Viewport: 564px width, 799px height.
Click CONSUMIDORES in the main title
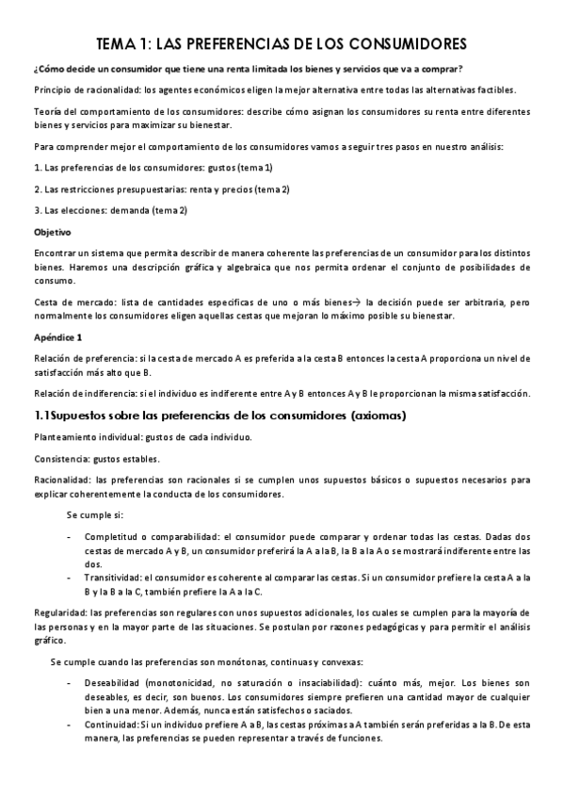pos(407,43)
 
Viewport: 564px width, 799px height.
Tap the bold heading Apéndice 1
pos(58,336)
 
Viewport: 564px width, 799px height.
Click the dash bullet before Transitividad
pos(71,577)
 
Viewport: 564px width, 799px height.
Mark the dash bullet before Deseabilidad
pos(71,681)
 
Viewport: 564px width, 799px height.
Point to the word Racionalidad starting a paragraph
pos(61,480)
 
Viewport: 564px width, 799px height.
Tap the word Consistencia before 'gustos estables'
pos(59,459)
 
